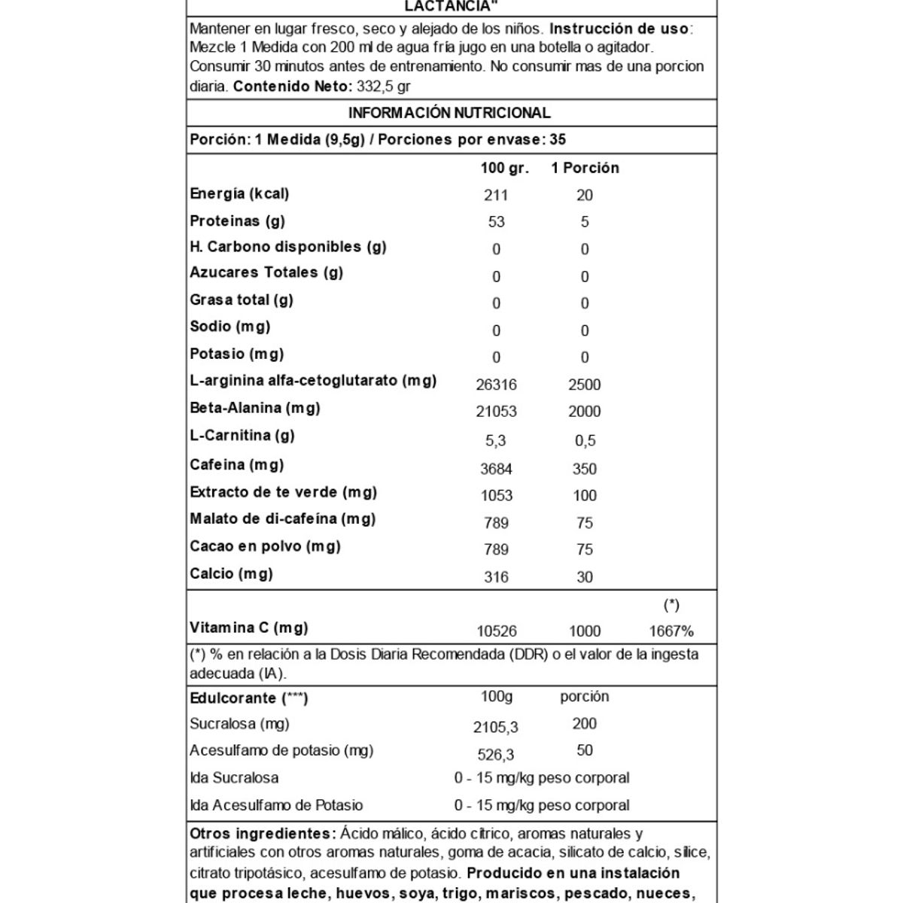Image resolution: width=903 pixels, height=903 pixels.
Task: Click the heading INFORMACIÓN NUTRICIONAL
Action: pyautogui.click(x=449, y=114)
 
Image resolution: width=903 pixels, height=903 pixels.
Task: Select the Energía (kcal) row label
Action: pyautogui.click(x=239, y=194)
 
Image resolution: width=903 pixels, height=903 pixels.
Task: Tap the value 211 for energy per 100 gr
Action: pyautogui.click(x=496, y=196)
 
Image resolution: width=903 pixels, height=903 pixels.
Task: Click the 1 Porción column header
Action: pyautogui.click(x=585, y=168)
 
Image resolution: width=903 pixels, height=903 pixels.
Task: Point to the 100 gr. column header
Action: pyautogui.click(x=504, y=168)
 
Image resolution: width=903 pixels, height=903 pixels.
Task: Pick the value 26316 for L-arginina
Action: pyautogui.click(x=496, y=385)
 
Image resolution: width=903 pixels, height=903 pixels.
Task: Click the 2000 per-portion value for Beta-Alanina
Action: pyautogui.click(x=585, y=412)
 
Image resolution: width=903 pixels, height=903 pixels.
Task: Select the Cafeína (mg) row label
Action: pyautogui.click(x=236, y=465)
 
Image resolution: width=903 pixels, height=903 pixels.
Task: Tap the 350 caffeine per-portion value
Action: pyautogui.click(x=585, y=469)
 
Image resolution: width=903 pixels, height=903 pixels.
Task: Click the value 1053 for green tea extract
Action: pyautogui.click(x=496, y=496)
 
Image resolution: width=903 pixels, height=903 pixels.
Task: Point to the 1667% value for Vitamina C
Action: pyautogui.click(x=671, y=632)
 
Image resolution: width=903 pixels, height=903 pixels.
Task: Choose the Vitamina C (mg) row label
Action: pyautogui.click(x=249, y=628)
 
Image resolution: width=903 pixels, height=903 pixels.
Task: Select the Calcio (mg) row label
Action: pyautogui.click(x=231, y=574)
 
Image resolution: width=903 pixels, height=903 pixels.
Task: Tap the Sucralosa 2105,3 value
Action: pyautogui.click(x=496, y=727)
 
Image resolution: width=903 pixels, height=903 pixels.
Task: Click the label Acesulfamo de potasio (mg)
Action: pyautogui.click(x=281, y=751)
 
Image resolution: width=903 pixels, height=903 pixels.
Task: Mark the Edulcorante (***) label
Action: pyautogui.click(x=249, y=698)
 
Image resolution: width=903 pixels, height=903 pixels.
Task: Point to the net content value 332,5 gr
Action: pyautogui.click(x=384, y=87)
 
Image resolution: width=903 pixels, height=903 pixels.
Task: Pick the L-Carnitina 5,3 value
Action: pyautogui.click(x=496, y=441)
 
